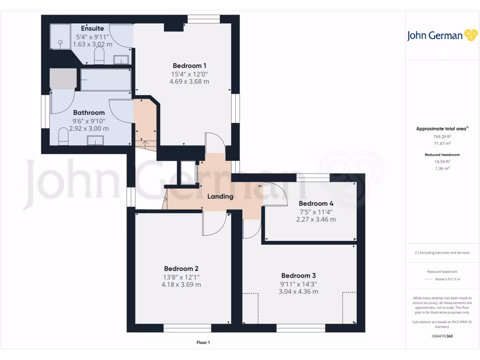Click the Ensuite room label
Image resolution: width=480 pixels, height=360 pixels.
coord(92,29)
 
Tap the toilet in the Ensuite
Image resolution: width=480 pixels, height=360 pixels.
coord(99,57)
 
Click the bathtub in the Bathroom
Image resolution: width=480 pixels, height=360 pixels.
coord(105,80)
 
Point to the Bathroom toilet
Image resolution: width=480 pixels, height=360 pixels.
coord(63,137)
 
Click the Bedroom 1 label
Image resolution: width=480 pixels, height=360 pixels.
coord(189,66)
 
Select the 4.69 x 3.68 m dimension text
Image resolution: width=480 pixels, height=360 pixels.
coord(189,81)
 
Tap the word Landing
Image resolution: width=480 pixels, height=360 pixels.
coord(220,196)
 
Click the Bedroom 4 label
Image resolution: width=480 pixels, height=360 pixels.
coord(316,203)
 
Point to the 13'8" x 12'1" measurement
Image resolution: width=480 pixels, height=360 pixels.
coord(181,277)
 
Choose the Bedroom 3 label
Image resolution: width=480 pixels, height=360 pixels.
coord(298,276)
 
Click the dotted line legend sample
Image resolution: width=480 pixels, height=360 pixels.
coord(429,279)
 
